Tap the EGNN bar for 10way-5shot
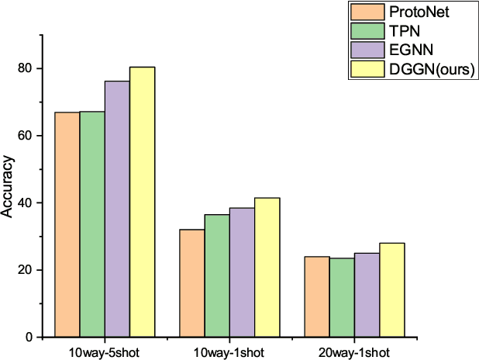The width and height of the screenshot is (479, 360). [x=117, y=209]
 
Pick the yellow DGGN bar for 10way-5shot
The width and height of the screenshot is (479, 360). [x=143, y=202]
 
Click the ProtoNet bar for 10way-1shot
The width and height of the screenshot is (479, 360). [x=191, y=283]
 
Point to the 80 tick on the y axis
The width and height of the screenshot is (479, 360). [x=29, y=68]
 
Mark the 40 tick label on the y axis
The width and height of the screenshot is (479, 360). [x=29, y=203]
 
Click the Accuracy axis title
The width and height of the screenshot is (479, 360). [x=9, y=187]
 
